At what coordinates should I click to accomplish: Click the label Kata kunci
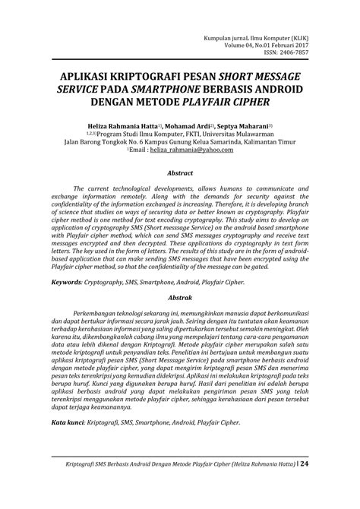pos(68,422)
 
